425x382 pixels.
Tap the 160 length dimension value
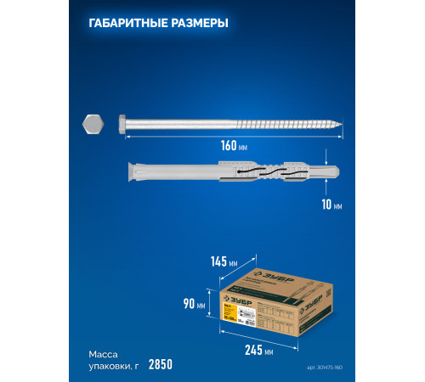pos(229,144)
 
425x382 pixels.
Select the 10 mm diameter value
pos(333,205)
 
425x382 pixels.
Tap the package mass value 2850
pos(160,364)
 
